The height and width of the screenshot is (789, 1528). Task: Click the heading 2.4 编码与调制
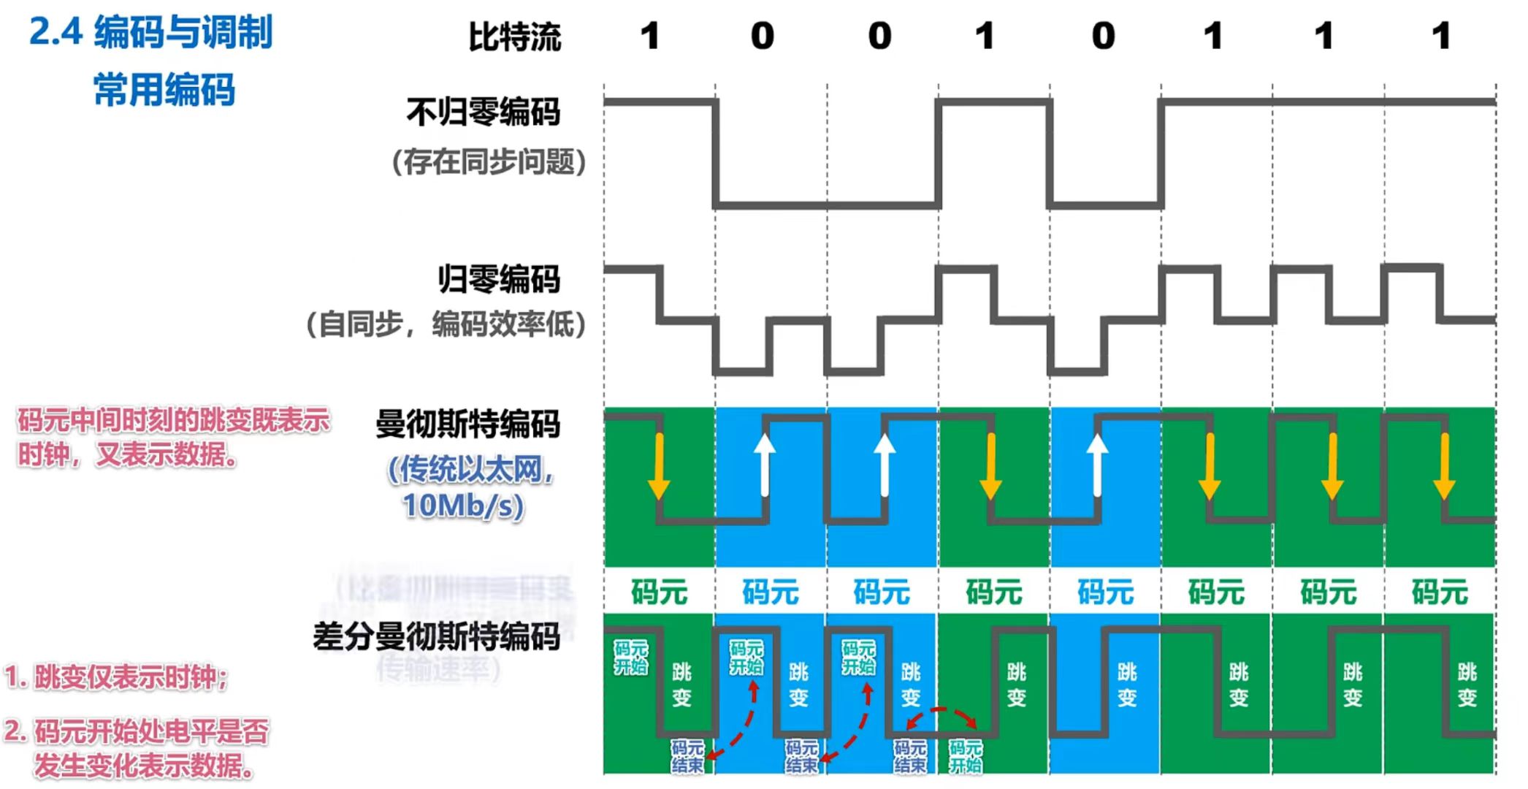point(150,33)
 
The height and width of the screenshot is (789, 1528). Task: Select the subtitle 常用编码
point(164,90)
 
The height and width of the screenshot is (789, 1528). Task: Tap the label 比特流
point(514,37)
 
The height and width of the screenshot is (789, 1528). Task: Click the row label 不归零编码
point(483,113)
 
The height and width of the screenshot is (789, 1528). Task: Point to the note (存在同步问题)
point(489,162)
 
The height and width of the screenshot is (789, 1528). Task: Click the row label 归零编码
point(499,279)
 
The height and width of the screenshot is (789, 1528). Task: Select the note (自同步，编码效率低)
point(446,324)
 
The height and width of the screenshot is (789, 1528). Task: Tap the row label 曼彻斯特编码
point(467,424)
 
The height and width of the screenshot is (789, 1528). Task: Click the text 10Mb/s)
point(463,505)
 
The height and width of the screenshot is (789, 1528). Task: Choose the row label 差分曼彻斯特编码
point(436,636)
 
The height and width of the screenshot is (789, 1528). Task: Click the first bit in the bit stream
point(649,36)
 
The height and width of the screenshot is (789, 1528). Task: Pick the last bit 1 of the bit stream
point(1440,36)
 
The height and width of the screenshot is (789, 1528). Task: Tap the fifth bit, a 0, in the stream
point(1103,36)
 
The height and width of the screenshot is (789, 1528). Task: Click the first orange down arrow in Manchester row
point(659,466)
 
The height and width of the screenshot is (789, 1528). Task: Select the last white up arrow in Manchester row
point(1097,466)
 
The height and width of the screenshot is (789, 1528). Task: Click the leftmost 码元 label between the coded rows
point(659,592)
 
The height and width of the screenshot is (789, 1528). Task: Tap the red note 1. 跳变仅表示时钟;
point(117,677)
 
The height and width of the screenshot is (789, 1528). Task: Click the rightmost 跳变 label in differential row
point(1467,685)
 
